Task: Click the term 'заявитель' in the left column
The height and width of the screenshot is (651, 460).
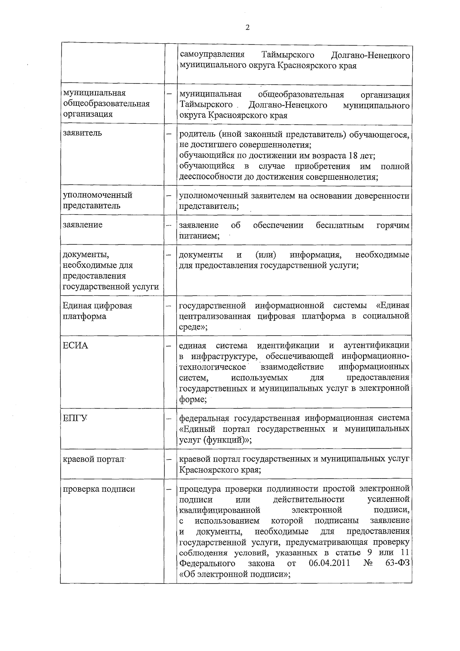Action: pos(82,133)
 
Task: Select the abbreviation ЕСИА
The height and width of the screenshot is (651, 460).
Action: pos(76,346)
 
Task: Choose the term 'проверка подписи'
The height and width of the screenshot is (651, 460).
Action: pos(99,489)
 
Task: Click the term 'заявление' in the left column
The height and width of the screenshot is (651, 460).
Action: pos(83,225)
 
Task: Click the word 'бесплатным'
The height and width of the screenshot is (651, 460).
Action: pos(340,225)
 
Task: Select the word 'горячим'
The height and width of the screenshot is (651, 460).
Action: pos(393,225)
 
